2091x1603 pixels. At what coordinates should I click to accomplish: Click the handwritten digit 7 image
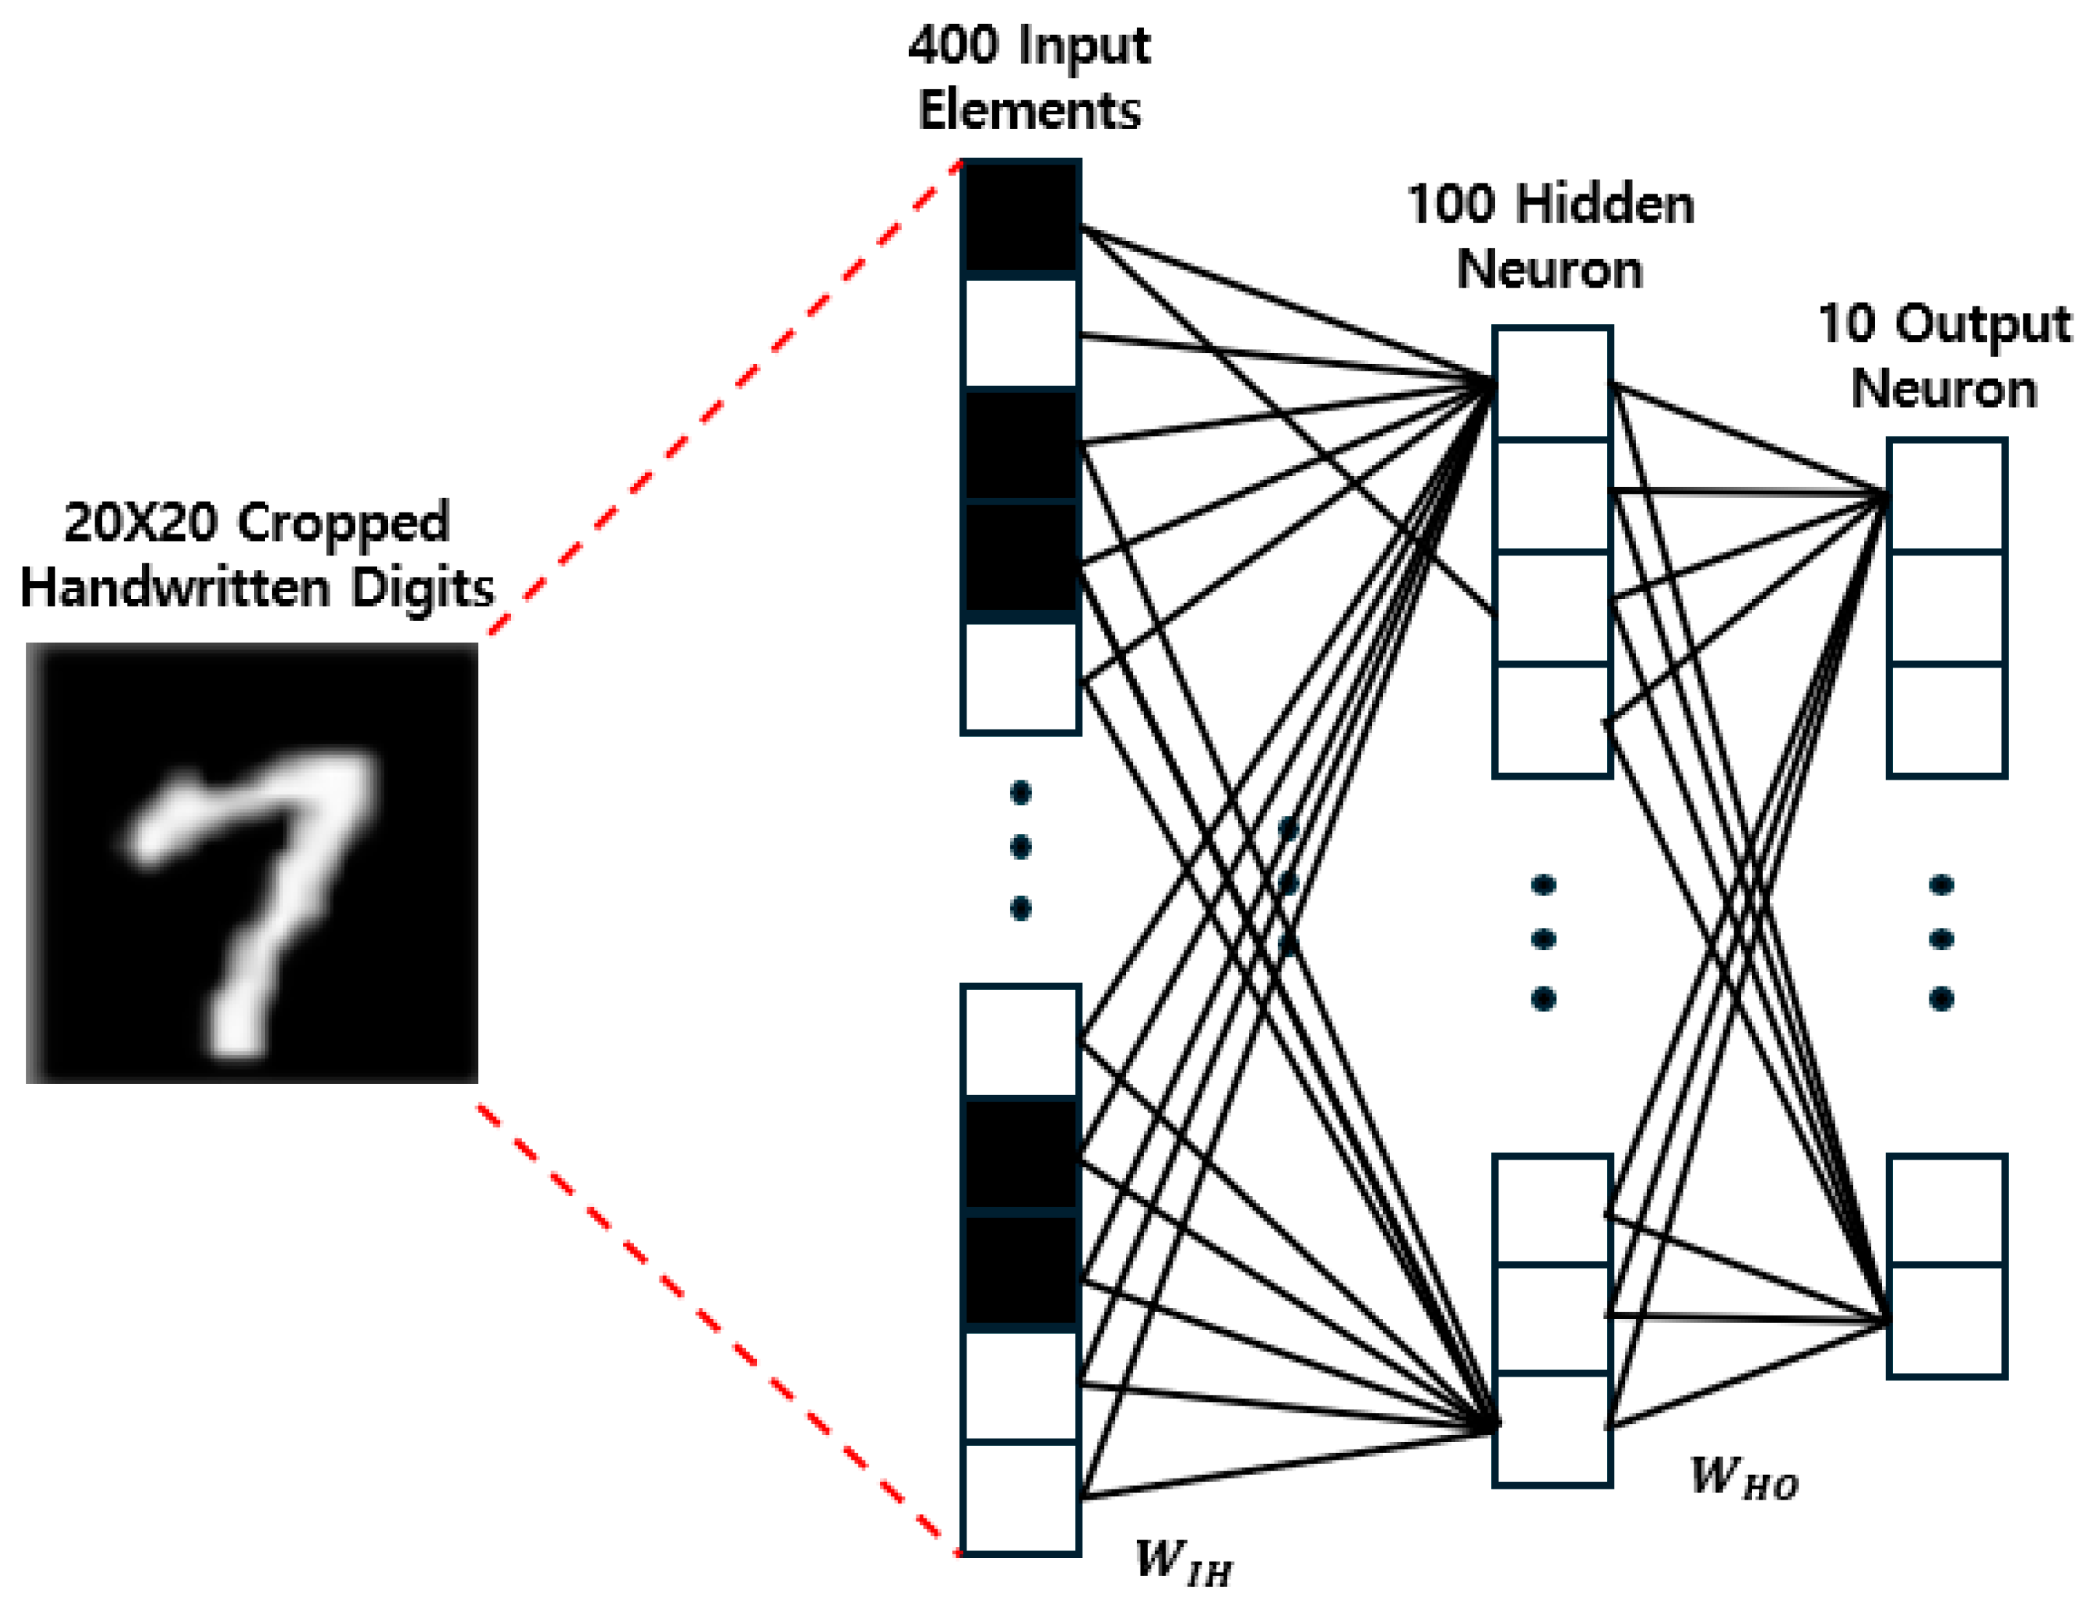tap(252, 863)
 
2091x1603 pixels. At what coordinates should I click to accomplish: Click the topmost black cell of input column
tap(1020, 218)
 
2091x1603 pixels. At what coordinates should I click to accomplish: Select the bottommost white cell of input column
tap(1020, 1497)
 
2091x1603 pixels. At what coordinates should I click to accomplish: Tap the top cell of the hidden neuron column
tap(1552, 384)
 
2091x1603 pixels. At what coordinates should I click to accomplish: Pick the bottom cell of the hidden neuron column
tap(1552, 1428)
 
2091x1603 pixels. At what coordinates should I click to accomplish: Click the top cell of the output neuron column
tap(1946, 495)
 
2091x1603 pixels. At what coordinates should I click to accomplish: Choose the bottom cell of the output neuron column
tap(1946, 1321)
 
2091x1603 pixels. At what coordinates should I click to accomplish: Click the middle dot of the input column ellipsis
tap(1020, 847)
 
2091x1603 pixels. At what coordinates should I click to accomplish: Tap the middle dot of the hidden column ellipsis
tap(1544, 940)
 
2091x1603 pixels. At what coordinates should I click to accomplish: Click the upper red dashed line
tap(725, 396)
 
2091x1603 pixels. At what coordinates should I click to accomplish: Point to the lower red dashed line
tap(715, 1326)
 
